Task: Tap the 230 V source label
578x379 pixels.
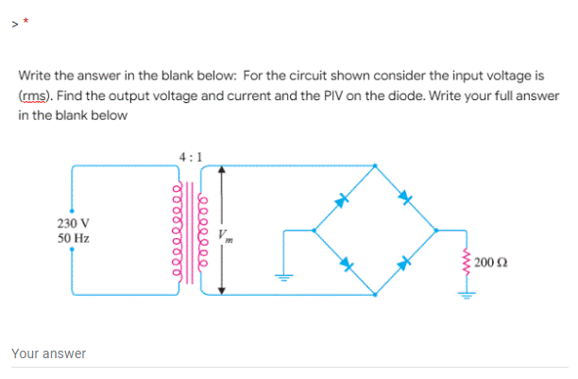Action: [x=73, y=224]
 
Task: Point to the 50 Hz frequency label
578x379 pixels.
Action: [x=73, y=238]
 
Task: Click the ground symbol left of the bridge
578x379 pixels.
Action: [x=280, y=276]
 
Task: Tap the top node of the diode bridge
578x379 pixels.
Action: [x=375, y=167]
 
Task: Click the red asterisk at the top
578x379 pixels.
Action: [x=26, y=18]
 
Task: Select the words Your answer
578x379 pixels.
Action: [x=48, y=353]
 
